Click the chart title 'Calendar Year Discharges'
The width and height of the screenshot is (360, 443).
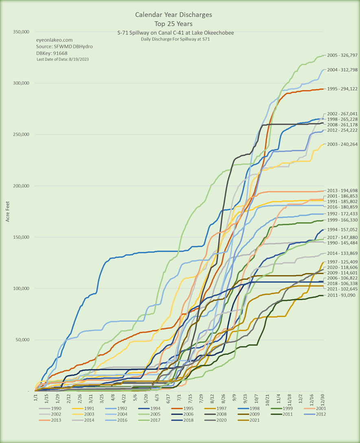[173, 15]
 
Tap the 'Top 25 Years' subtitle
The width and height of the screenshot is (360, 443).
[173, 23]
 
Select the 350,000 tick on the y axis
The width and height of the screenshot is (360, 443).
[20, 32]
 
